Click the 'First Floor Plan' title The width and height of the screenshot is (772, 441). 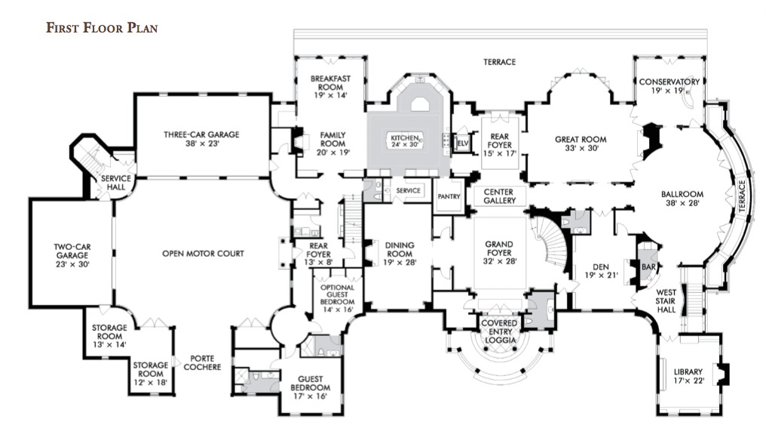tap(101, 28)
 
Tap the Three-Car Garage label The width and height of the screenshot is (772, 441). tap(201, 134)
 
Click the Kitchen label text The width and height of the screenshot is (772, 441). tap(404, 137)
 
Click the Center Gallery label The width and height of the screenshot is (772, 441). tap(499, 196)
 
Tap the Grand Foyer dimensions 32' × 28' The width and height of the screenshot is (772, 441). tap(499, 261)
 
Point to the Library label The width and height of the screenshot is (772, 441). tap(688, 372)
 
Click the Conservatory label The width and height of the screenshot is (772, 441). tap(669, 82)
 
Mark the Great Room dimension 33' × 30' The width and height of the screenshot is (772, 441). tap(581, 149)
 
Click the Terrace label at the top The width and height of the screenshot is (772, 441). tap(499, 62)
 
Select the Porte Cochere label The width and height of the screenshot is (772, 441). tap(205, 362)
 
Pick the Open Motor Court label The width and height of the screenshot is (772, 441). tap(203, 254)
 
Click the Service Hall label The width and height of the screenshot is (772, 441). tap(116, 183)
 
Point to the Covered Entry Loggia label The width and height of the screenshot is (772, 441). tap(499, 332)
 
